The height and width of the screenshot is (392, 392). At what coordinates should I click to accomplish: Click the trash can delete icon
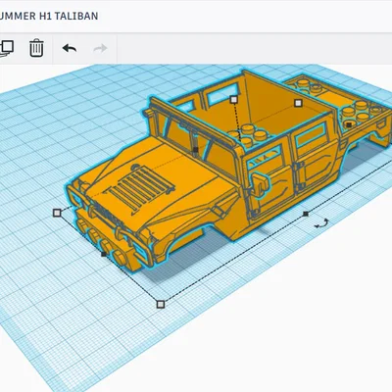point(36,47)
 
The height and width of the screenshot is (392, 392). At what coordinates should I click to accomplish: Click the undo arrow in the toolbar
point(69,47)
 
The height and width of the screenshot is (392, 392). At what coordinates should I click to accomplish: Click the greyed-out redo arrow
point(99,47)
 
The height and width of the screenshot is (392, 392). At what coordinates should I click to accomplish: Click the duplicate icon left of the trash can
point(7,47)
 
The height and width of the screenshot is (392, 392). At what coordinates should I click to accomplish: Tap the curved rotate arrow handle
point(320,224)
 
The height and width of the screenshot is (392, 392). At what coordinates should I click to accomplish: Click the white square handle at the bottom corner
point(161,304)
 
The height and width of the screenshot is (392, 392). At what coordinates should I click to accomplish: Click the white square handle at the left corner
point(57,211)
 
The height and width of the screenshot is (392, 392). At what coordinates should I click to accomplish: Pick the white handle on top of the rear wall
point(233,99)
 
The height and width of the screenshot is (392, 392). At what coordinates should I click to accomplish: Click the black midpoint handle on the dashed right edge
point(306,213)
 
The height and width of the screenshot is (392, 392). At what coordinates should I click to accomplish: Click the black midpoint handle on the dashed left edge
point(105,254)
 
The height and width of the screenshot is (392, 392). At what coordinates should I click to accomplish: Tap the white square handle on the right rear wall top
point(293,99)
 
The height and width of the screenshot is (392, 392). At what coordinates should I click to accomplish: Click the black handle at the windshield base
point(195,149)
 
